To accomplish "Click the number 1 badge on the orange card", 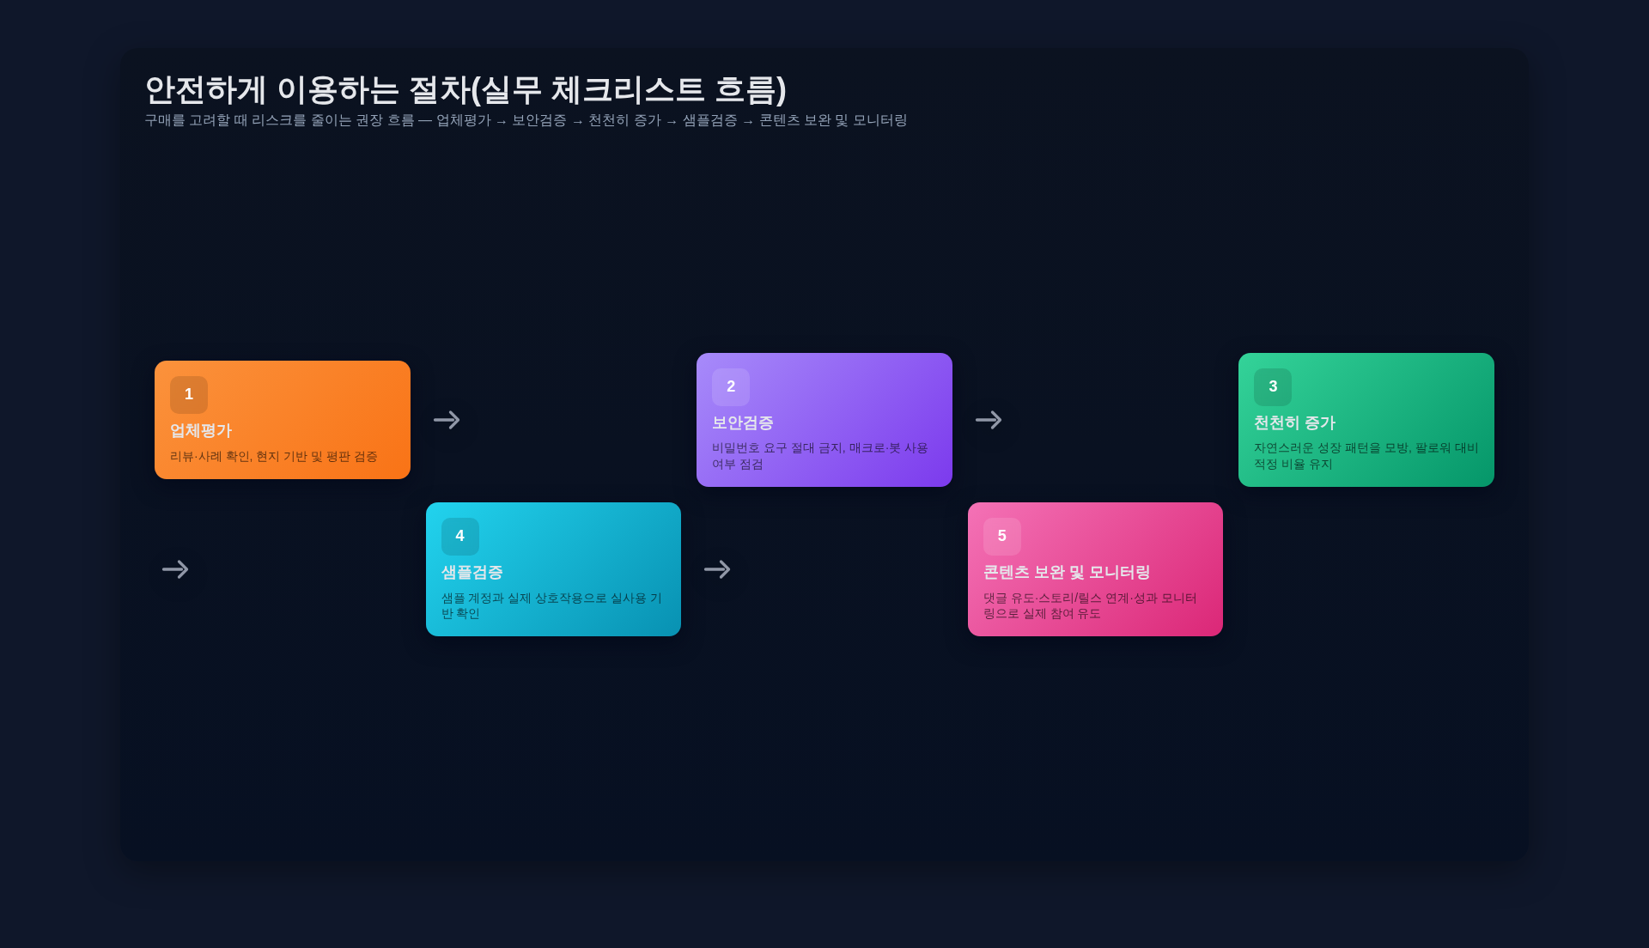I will click(189, 395).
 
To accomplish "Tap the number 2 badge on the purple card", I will click(731, 387).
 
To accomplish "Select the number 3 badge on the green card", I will click(1273, 387).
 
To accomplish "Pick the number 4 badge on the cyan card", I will click(460, 537).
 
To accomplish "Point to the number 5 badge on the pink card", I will click(1002, 537).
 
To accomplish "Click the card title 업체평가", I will click(201, 431).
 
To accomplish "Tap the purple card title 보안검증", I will click(743, 423).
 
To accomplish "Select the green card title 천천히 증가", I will click(1294, 423).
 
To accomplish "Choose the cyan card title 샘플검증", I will click(472, 573).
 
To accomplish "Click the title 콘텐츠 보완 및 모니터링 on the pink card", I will click(1067, 573).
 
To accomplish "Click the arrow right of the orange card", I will click(447, 420).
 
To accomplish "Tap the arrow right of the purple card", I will click(989, 420).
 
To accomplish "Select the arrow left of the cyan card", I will click(175, 569).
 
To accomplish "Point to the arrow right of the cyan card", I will click(717, 569).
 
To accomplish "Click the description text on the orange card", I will click(274, 457).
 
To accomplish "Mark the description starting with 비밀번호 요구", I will click(819, 456).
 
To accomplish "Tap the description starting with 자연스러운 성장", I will click(1366, 456).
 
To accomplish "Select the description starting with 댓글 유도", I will click(1090, 605).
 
